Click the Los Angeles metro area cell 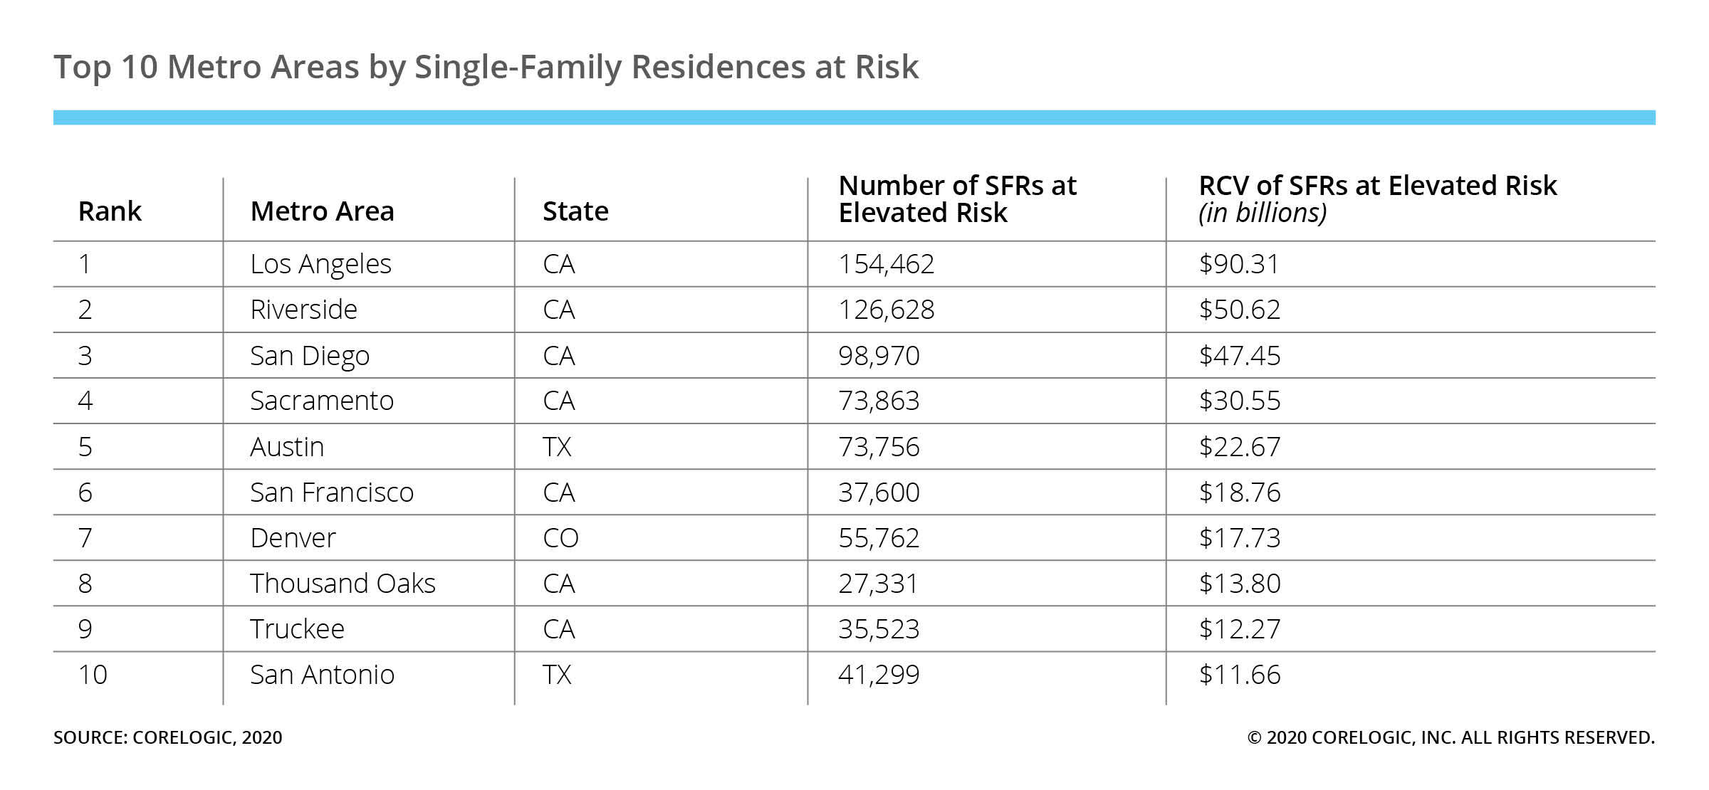tap(320, 264)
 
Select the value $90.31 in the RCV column tap(1239, 264)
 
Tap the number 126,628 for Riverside tap(886, 310)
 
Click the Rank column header tap(110, 211)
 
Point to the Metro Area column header tap(322, 211)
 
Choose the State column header tap(575, 211)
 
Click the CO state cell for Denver tap(560, 538)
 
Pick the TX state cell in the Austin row tap(557, 447)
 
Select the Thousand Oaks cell tap(343, 584)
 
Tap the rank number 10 tap(93, 675)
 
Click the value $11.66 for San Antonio tap(1239, 675)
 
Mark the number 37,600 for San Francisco tap(879, 493)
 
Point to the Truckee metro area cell tap(297, 629)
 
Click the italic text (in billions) tap(1263, 213)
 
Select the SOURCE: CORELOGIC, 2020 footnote tap(168, 737)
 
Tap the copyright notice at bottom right tap(1451, 737)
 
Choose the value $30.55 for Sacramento tap(1239, 401)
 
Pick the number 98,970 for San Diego tap(879, 356)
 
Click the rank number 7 tap(85, 538)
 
